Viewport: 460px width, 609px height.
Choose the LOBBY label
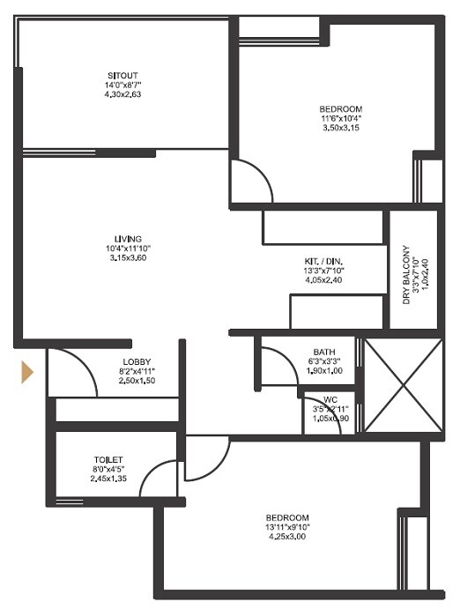coord(137,362)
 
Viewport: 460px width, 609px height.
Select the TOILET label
coord(109,460)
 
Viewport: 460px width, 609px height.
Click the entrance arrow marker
coord(27,371)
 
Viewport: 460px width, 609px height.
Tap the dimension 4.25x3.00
coord(290,537)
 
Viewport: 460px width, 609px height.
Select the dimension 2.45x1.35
coord(109,480)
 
